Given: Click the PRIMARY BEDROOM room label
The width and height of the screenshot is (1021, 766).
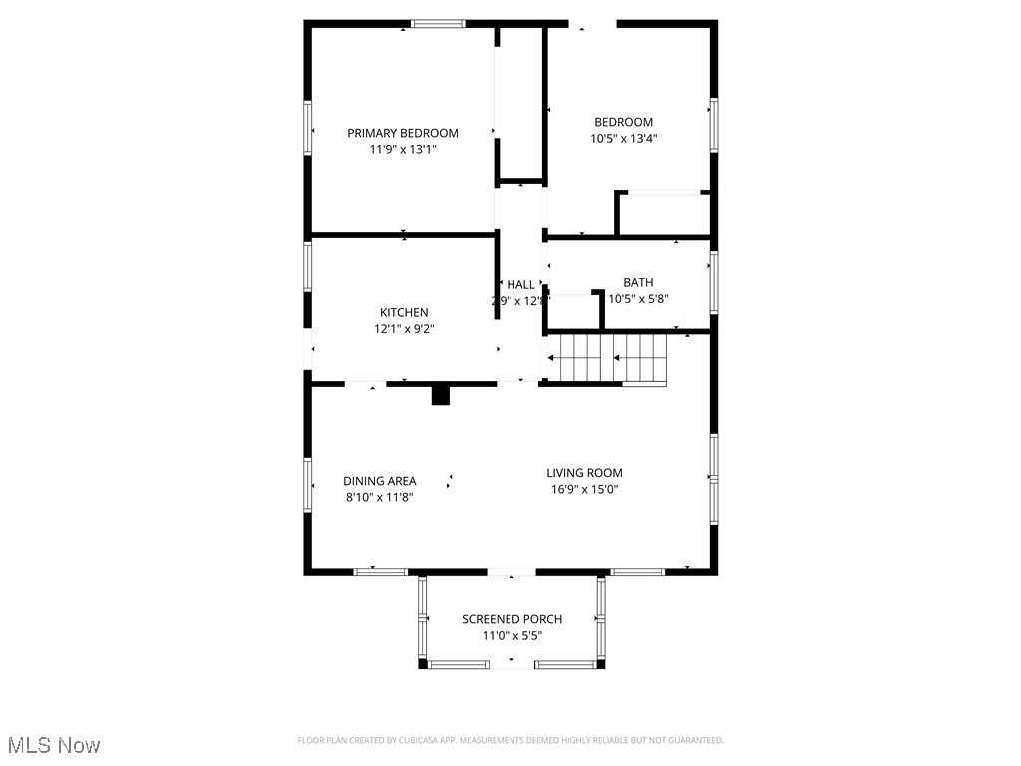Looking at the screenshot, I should point(403,133).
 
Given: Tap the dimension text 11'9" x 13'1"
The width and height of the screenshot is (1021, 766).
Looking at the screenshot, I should point(403,149).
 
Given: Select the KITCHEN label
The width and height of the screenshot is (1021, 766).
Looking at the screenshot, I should point(404,312).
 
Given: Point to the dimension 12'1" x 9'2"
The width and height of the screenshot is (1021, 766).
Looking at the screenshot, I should point(404,328).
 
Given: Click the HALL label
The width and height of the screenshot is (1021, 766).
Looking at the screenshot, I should point(520,284).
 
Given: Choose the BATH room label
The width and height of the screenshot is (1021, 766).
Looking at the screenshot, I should point(638,282).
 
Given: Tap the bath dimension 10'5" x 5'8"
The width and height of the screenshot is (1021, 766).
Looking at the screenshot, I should point(638,298).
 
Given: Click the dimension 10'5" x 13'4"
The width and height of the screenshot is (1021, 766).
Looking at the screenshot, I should point(624,139).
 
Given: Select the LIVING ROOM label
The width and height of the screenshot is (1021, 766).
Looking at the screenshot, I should point(584,473).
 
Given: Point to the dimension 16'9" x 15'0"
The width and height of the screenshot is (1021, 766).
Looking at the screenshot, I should point(584,489).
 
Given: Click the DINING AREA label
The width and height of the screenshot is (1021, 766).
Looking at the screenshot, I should point(380,481).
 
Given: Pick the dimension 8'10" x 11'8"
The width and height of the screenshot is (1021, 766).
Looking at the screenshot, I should point(380,497).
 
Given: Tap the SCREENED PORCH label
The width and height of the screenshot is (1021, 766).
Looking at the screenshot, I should point(511,619).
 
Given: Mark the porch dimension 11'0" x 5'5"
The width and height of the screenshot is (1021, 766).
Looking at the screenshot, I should point(511,635).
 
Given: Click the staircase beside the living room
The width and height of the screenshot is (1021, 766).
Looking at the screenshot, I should point(610,359).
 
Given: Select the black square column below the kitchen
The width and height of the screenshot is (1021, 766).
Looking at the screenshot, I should point(441,396).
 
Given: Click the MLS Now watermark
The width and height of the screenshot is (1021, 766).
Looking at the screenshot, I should point(54,745).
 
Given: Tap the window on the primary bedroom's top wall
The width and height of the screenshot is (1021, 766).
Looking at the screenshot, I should point(439,24).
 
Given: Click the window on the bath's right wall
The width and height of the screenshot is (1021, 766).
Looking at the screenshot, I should point(713,282).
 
